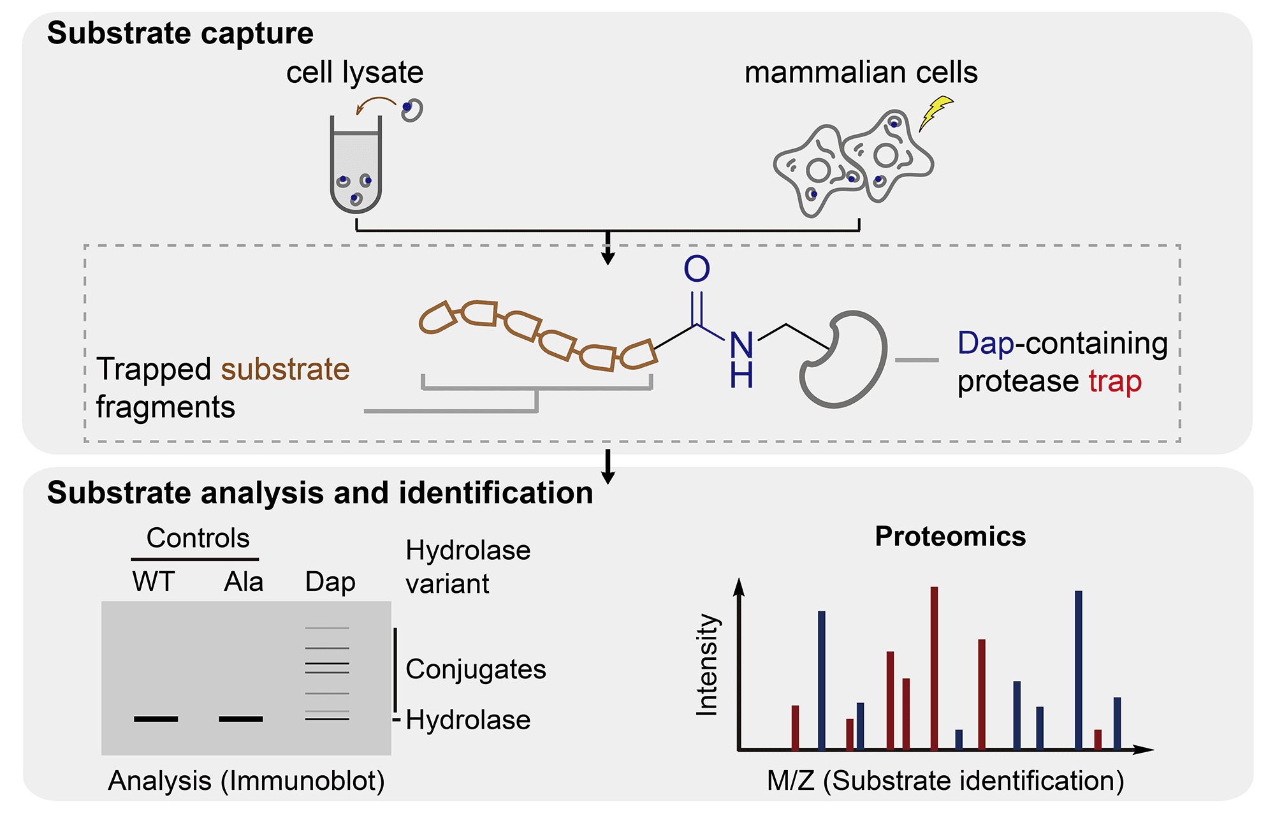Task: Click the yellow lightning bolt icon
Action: point(936,113)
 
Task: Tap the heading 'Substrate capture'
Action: point(180,33)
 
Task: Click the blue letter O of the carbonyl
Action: point(697,269)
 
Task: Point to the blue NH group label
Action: point(741,360)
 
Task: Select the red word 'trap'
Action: point(1114,381)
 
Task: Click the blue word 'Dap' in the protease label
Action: point(985,343)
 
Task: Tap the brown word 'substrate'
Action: point(285,369)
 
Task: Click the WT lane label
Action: point(154,581)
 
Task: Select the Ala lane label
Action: point(244,581)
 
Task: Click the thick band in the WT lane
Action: point(156,718)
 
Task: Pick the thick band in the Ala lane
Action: point(240,718)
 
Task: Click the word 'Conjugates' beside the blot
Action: point(476,669)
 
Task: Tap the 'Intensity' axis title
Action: point(707,665)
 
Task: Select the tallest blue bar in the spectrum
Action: point(1079,669)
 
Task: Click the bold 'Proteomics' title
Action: point(950,536)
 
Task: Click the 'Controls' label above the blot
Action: point(198,538)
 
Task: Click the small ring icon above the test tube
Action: point(412,110)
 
